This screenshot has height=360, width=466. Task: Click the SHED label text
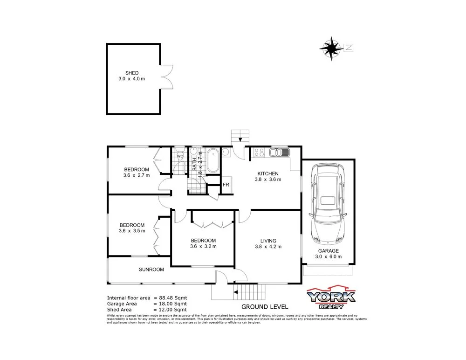(132, 73)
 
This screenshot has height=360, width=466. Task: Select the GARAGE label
(328, 250)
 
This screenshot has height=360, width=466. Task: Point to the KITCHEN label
(267, 173)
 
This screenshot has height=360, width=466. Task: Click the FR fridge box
(226, 185)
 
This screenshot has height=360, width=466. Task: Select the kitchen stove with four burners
(259, 152)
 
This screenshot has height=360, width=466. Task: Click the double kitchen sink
(280, 152)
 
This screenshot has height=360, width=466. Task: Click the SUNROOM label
(151, 270)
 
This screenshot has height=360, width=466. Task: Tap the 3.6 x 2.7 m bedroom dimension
(137, 175)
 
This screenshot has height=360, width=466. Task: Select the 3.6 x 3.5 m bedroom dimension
(132, 230)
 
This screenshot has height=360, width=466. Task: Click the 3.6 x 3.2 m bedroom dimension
(203, 246)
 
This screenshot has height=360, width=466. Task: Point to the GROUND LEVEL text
(264, 307)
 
